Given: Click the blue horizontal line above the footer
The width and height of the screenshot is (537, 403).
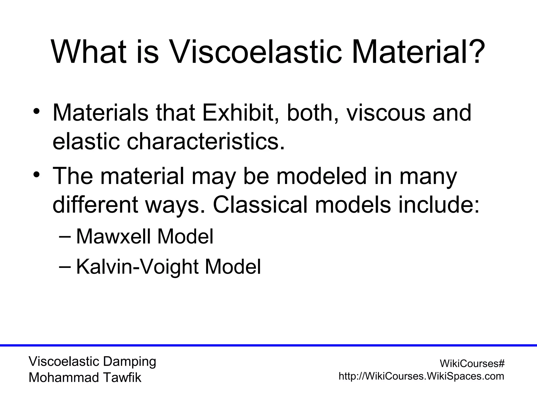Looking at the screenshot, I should [268, 345].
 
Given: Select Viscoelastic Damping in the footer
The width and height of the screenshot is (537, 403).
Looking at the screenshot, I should [92, 362].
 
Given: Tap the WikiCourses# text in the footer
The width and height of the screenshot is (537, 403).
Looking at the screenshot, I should [472, 364].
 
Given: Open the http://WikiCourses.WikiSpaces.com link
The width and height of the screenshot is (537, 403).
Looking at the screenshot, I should [421, 376].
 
